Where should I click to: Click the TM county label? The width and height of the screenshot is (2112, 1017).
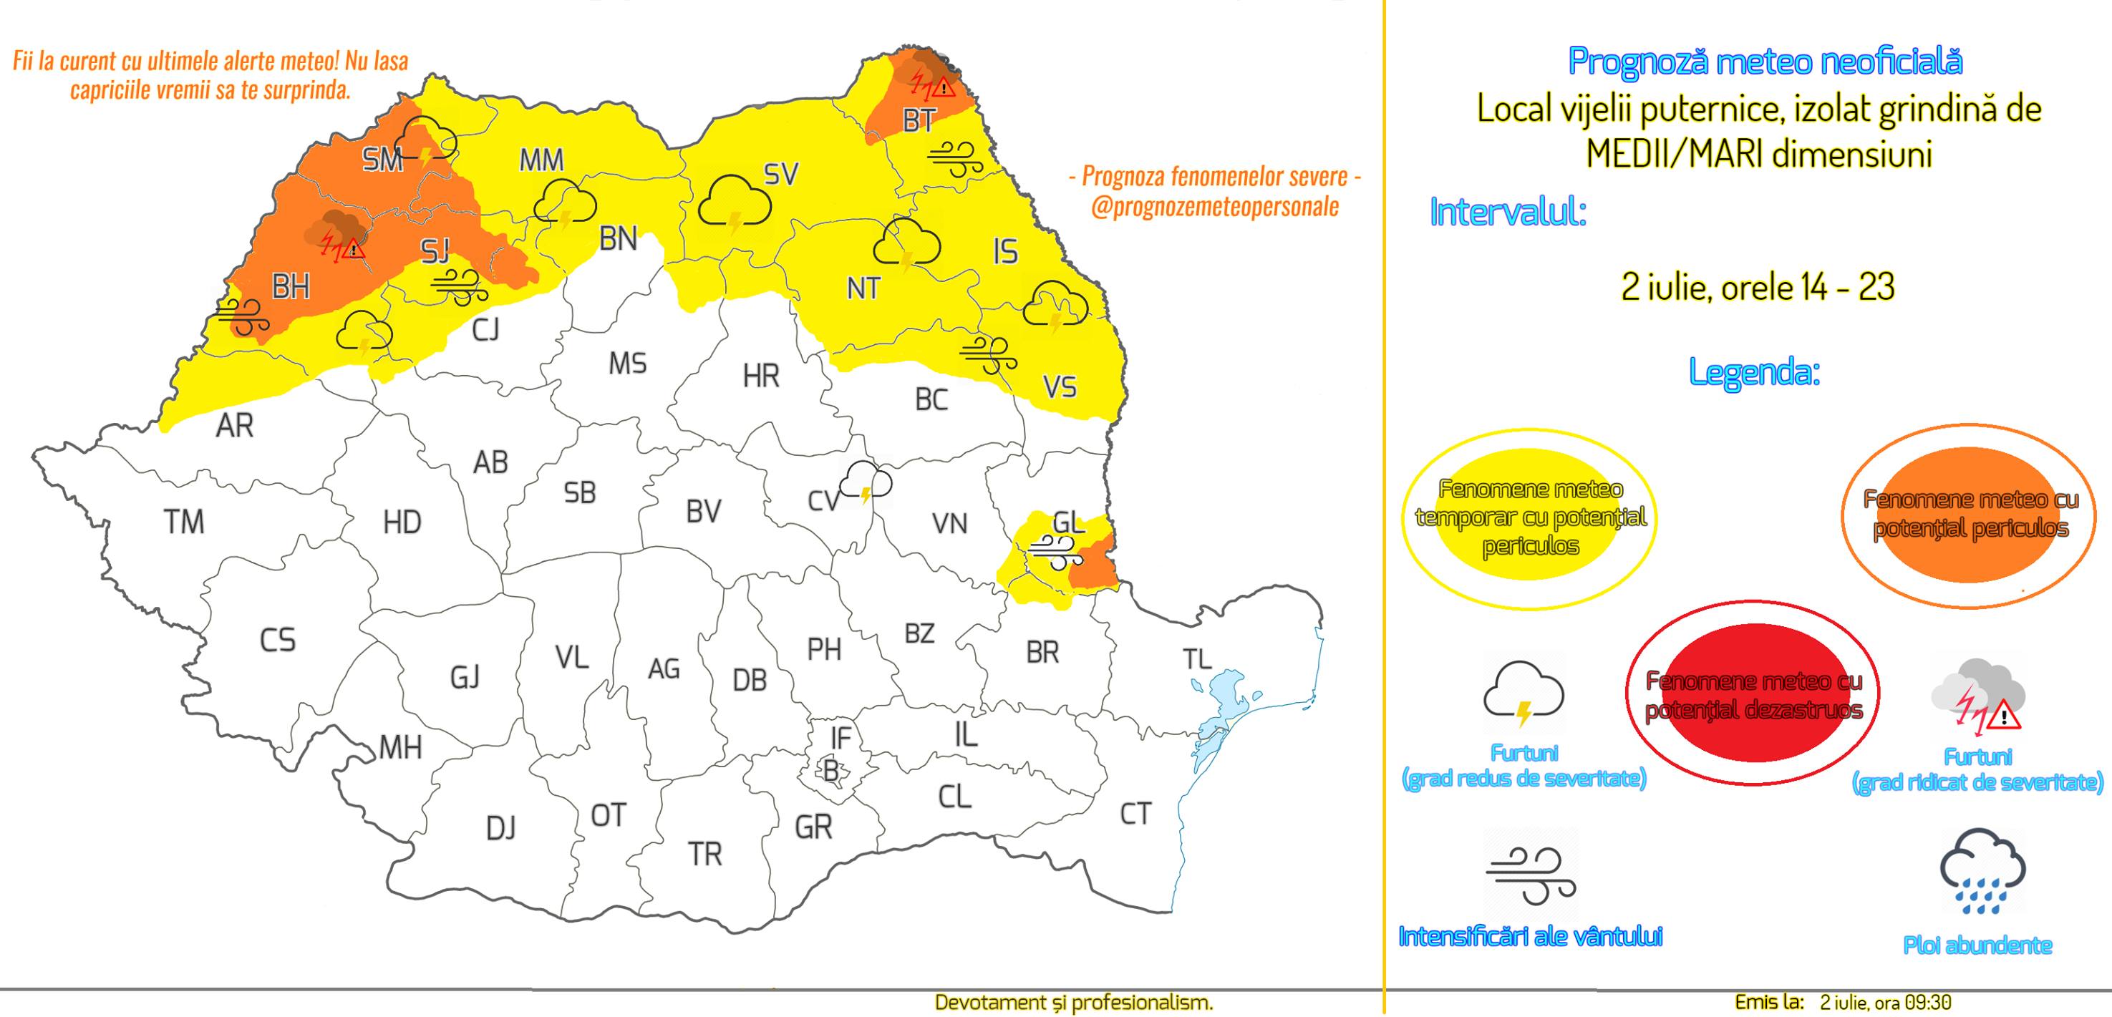(x=184, y=522)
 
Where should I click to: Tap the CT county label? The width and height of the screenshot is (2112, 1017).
(x=1135, y=813)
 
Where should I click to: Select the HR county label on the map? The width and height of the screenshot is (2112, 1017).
(x=760, y=376)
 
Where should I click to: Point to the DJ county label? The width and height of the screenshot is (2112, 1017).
(x=500, y=829)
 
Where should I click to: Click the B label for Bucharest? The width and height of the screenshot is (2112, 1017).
(x=830, y=771)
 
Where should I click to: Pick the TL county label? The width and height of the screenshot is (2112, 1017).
(x=1197, y=659)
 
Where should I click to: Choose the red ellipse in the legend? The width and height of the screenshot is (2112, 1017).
(x=1752, y=694)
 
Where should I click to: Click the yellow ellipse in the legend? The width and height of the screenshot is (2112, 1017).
(x=1529, y=518)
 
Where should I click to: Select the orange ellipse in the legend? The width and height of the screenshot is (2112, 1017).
(x=1970, y=515)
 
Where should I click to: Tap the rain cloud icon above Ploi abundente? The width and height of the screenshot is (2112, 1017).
(x=1982, y=871)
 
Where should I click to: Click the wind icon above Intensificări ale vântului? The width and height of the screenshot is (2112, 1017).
(x=1530, y=876)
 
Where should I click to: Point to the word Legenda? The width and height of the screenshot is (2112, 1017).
(x=1754, y=373)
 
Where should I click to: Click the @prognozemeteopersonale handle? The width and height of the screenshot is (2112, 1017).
(x=1214, y=208)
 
